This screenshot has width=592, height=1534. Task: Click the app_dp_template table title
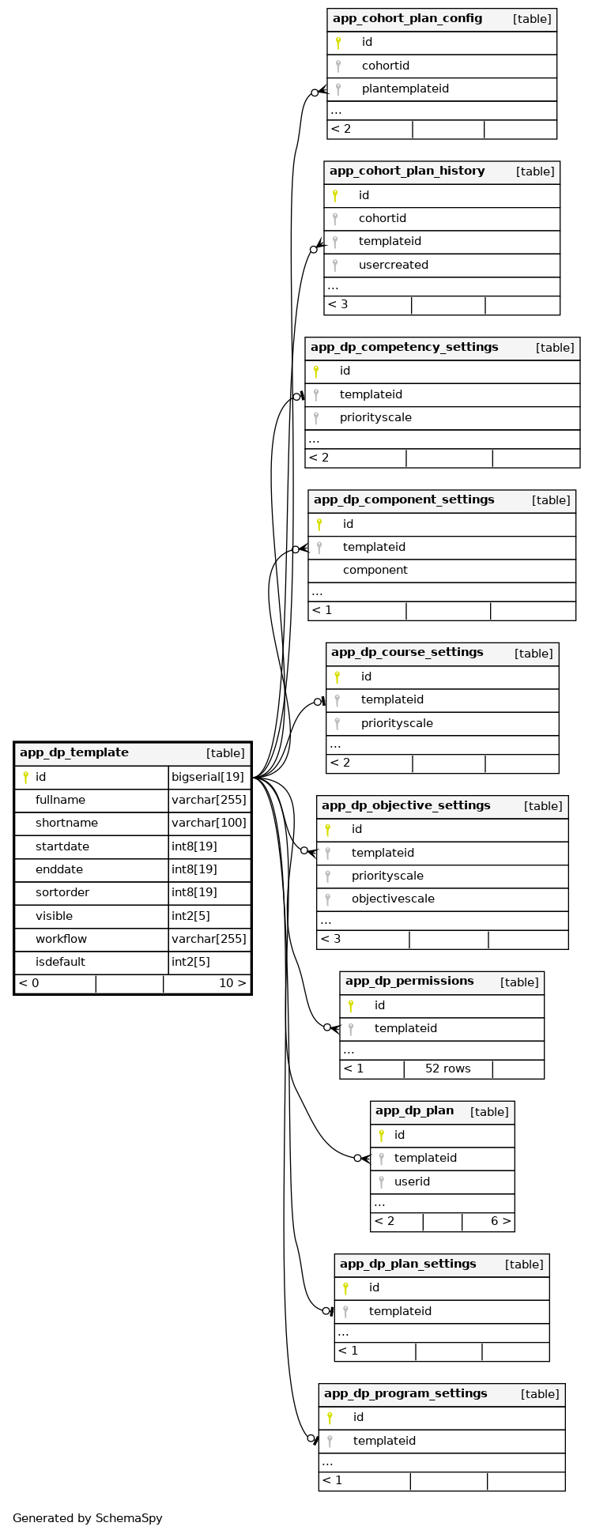(x=74, y=753)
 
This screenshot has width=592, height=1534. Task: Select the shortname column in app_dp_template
(x=66, y=824)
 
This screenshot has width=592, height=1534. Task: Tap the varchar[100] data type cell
(x=209, y=824)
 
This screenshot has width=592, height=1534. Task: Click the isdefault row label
(x=60, y=963)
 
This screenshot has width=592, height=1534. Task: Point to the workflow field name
(x=61, y=940)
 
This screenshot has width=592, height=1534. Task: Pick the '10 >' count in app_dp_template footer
(x=232, y=984)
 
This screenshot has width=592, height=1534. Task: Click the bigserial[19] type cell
(x=208, y=777)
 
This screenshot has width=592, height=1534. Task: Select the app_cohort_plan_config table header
(x=407, y=19)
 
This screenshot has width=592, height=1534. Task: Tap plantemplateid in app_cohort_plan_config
(x=405, y=89)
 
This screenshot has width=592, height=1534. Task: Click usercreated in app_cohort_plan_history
(x=393, y=266)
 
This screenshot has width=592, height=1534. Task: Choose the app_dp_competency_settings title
(x=404, y=348)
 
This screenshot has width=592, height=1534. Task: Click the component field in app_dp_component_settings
(x=375, y=571)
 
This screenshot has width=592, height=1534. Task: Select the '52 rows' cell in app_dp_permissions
(x=447, y=1069)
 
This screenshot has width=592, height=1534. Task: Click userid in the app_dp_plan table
(x=412, y=1182)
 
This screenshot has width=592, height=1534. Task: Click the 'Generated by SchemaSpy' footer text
(x=87, y=1518)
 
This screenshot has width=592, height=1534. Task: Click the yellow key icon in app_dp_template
(x=25, y=778)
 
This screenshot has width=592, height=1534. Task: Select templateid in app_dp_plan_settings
(x=400, y=1312)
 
